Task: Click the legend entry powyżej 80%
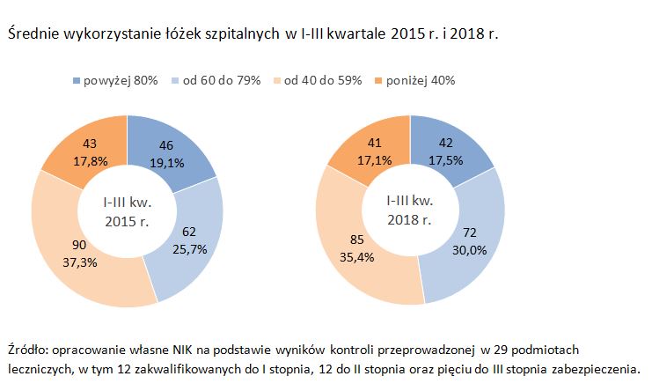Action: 120,80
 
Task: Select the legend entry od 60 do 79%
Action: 221,80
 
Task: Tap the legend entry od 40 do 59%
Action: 322,80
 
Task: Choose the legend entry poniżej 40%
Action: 419,80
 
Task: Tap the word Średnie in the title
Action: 33,34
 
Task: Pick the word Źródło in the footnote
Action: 26,349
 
